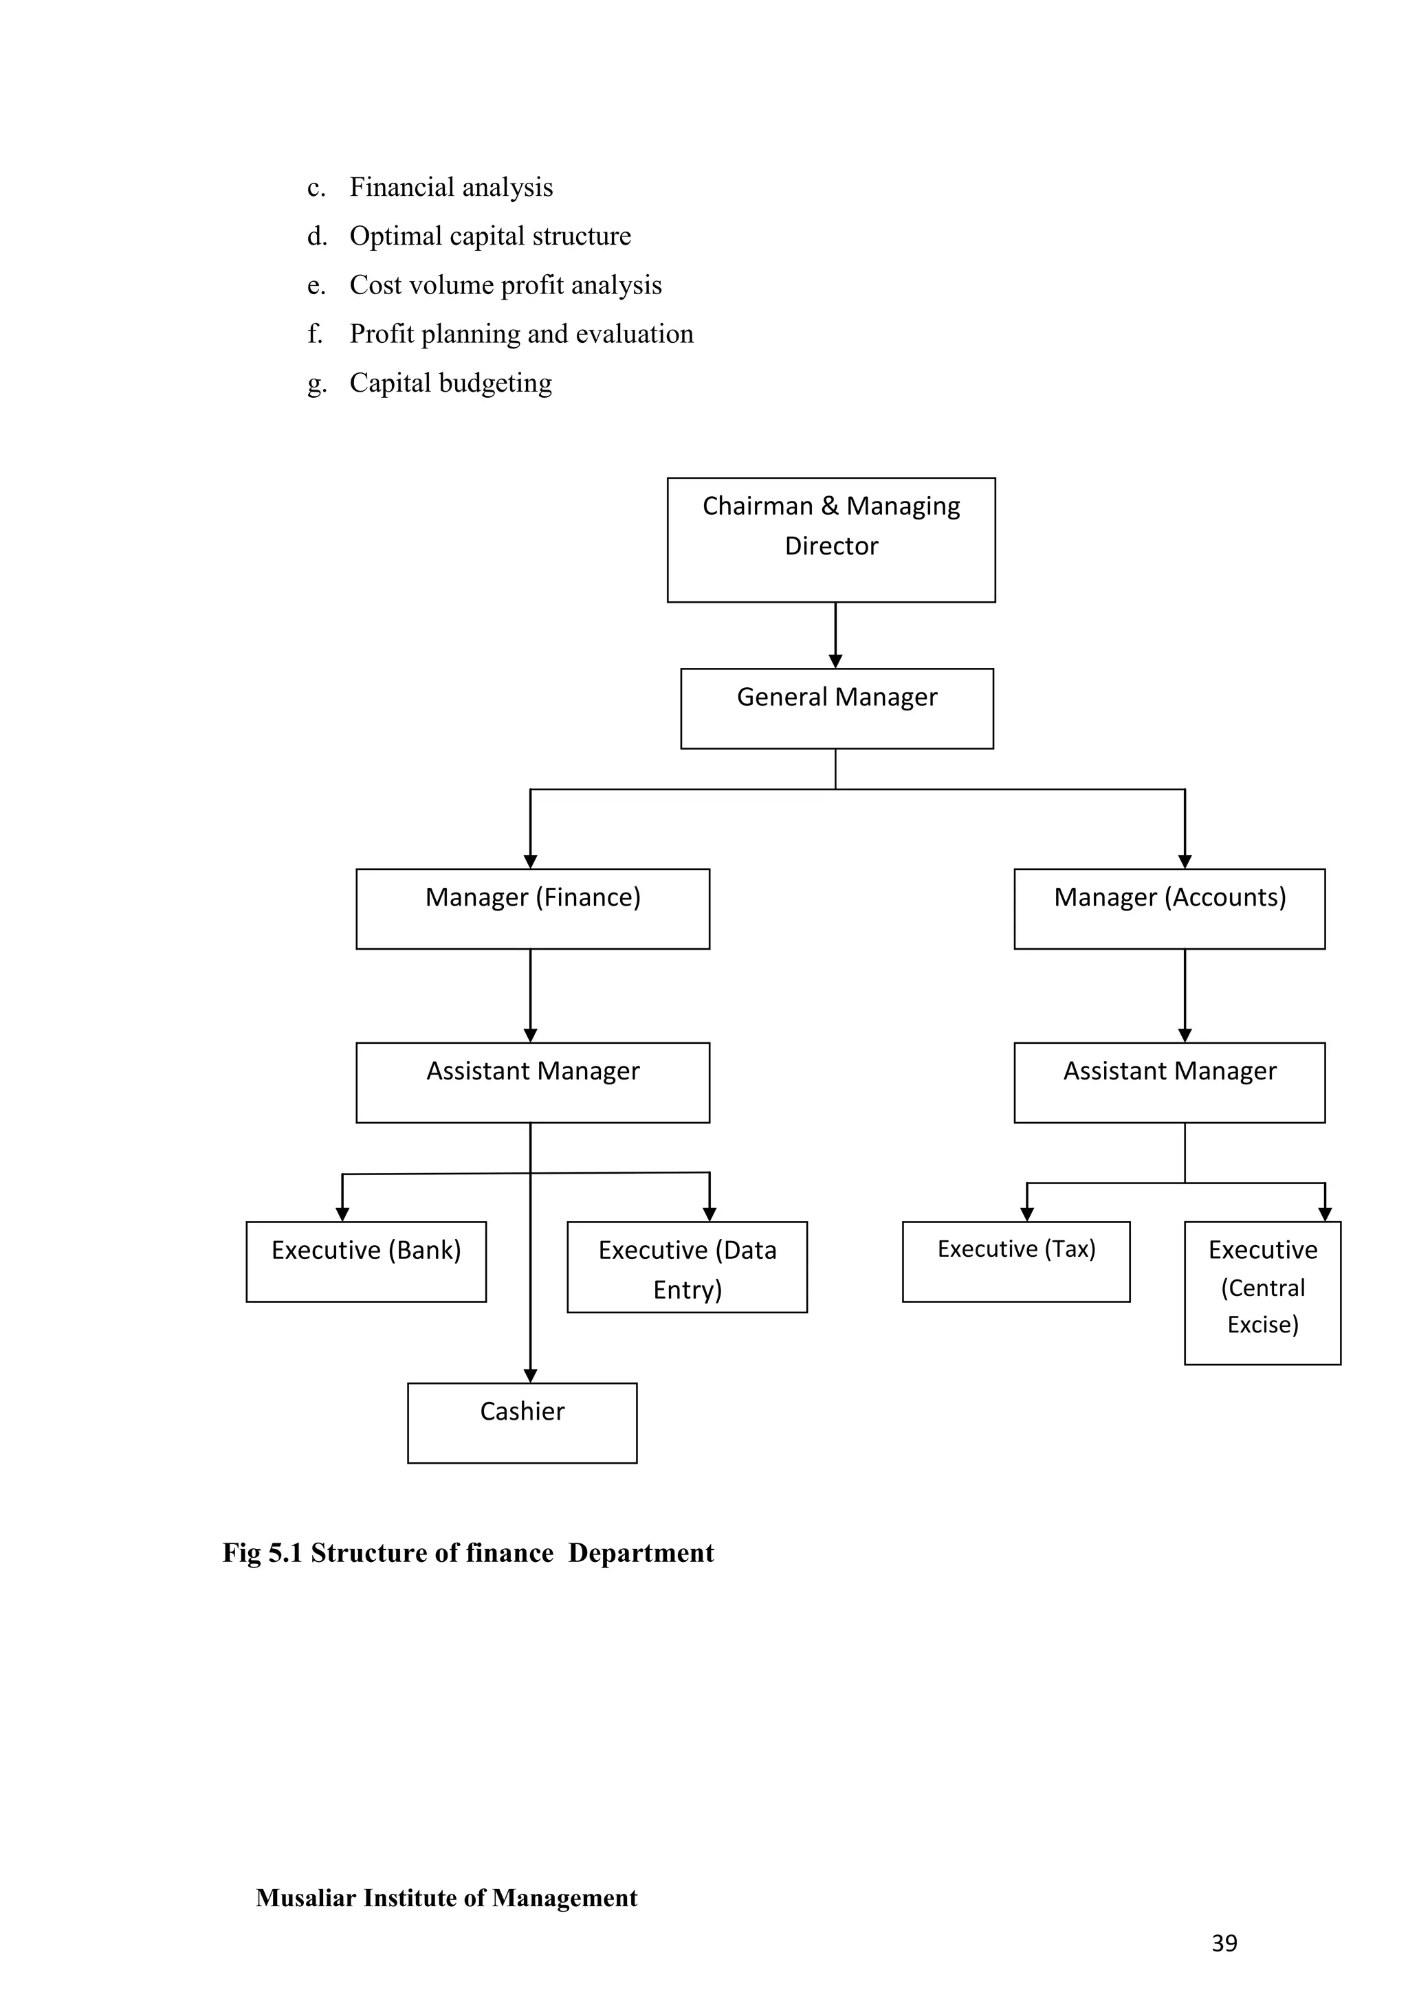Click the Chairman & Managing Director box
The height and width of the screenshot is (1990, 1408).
click(x=830, y=539)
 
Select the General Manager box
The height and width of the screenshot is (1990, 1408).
click(x=837, y=708)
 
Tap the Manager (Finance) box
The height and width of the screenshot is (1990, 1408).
click(x=532, y=908)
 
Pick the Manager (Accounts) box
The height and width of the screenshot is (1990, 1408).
click(x=1169, y=908)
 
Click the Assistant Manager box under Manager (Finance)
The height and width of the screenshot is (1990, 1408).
click(x=532, y=1082)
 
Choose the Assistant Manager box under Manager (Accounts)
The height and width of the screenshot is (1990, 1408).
click(x=1169, y=1082)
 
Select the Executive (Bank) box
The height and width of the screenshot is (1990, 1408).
click(x=366, y=1261)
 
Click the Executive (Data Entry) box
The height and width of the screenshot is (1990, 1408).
click(x=687, y=1266)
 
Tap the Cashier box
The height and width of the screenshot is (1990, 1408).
click(x=522, y=1422)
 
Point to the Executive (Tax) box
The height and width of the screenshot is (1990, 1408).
click(x=1015, y=1261)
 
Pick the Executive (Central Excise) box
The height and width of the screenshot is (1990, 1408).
click(x=1262, y=1293)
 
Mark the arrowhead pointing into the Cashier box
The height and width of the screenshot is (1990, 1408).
click(x=531, y=1376)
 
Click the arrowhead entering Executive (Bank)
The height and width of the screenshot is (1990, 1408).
click(x=342, y=1214)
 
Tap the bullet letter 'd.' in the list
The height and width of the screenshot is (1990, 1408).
click(x=316, y=236)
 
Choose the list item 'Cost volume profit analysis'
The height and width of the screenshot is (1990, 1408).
click(x=505, y=285)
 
